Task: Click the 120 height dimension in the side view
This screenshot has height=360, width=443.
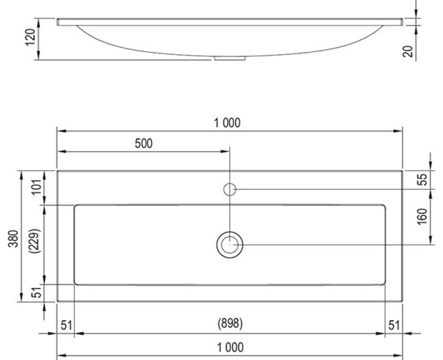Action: point(32,38)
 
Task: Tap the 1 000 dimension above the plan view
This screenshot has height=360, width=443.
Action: point(228,123)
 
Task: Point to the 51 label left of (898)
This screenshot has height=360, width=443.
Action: point(66,325)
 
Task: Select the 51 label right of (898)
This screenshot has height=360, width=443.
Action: point(393,325)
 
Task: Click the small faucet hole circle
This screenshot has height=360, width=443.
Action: point(230,189)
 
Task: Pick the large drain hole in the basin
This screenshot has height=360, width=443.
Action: point(229,244)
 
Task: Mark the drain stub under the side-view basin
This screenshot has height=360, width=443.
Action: point(229,57)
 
